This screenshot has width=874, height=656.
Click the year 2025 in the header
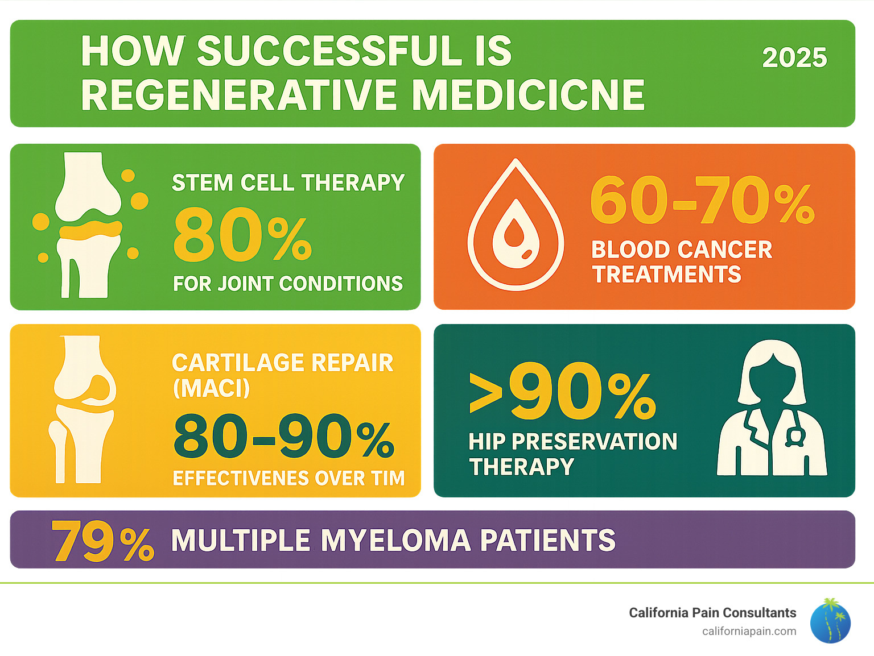tap(794, 58)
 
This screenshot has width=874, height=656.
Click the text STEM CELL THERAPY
tap(288, 183)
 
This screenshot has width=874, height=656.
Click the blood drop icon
tap(516, 225)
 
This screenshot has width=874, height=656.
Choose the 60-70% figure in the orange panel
tap(702, 200)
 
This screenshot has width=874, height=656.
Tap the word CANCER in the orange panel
tap(725, 250)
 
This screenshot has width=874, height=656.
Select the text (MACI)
tap(211, 389)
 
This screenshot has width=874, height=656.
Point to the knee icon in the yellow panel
tap(84, 409)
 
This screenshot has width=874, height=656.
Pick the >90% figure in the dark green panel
tap(562, 392)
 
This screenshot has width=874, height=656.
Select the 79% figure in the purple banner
tap(102, 541)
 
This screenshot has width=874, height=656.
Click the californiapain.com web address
tap(749, 632)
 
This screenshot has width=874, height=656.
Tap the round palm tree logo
tap(830, 621)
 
